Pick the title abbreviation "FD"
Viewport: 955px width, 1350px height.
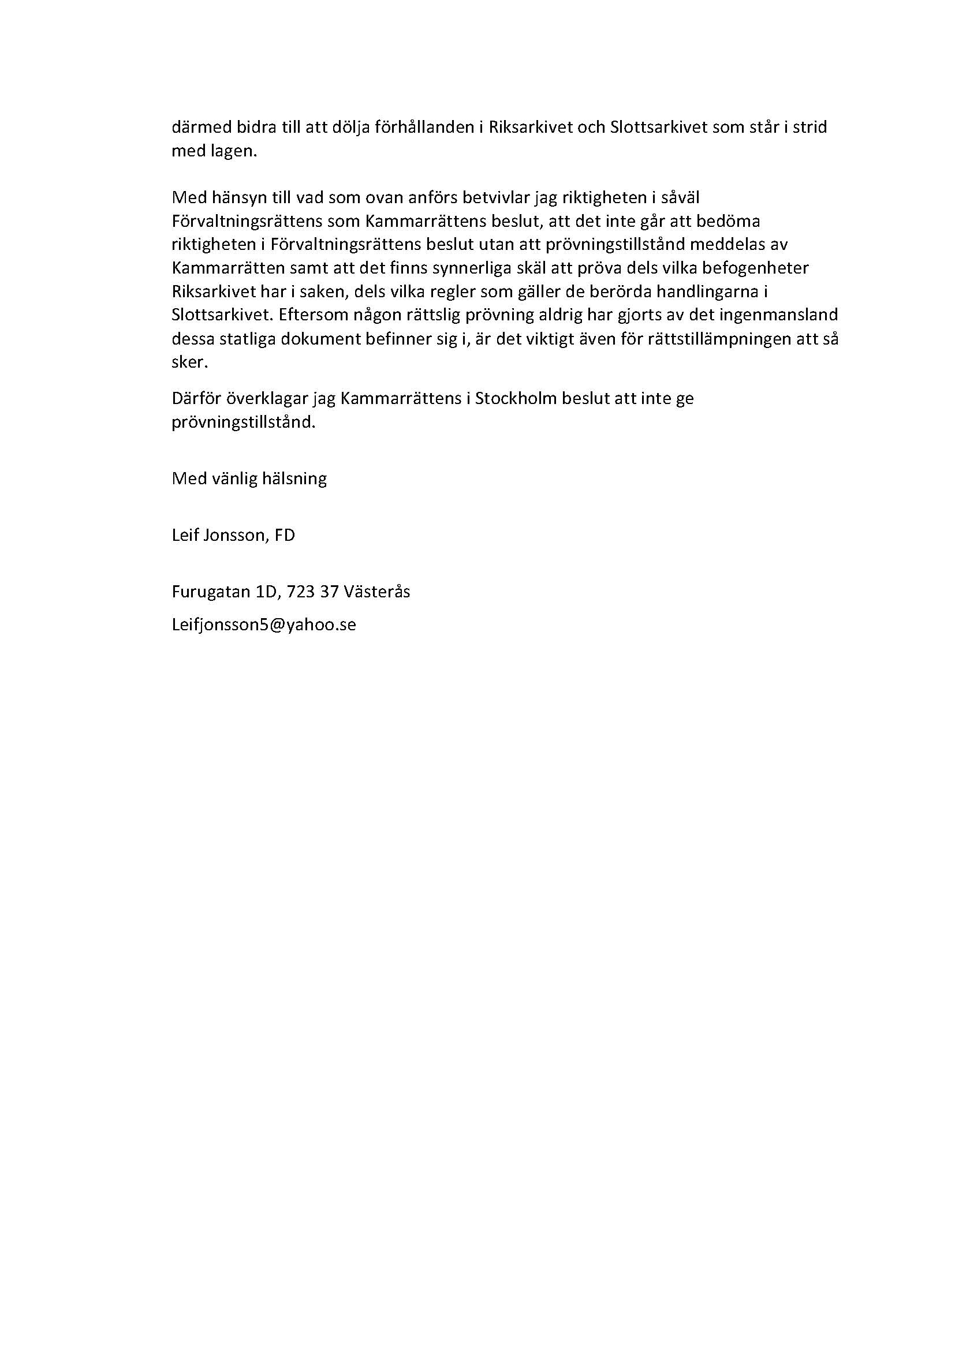pyautogui.click(x=285, y=535)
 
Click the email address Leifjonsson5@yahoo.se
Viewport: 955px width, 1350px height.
pyautogui.click(x=263, y=624)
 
